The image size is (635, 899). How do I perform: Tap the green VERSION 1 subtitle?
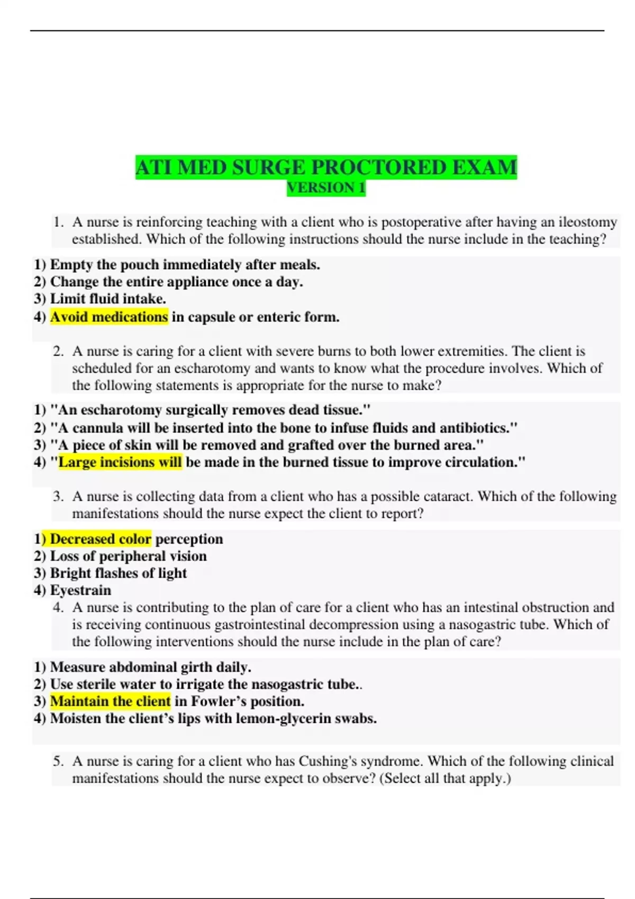pos(326,188)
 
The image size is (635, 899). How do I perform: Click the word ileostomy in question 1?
pos(587,222)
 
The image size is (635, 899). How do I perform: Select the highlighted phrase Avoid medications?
pos(109,317)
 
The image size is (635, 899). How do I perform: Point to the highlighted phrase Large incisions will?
pos(120,462)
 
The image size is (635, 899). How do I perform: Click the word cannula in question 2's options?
pos(96,427)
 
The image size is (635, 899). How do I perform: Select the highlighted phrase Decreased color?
pos(101,539)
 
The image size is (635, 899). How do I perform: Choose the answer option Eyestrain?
pos(80,590)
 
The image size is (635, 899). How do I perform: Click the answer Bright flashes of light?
pos(118,573)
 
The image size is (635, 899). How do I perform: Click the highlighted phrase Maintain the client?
pos(110,701)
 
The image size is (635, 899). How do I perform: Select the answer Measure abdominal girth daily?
pos(150,667)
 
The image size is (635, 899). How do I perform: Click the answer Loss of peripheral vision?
pos(128,556)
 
